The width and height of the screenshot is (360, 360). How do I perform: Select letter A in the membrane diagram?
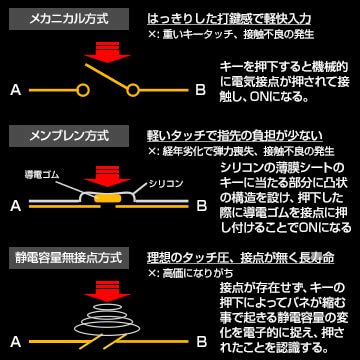point(14,208)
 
